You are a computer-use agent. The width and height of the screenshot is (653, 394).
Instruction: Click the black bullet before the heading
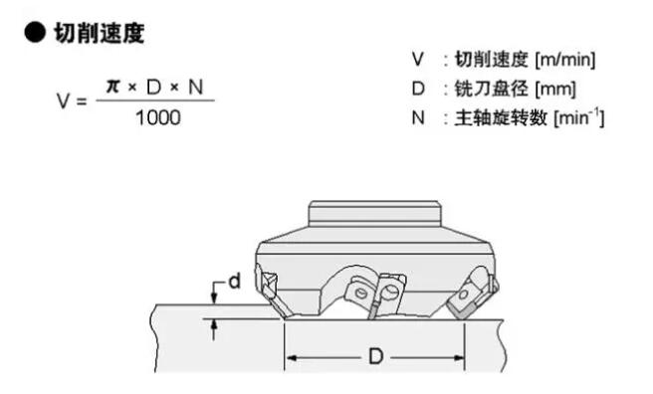tap(35, 33)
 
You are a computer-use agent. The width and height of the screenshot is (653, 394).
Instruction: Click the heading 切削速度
tap(100, 33)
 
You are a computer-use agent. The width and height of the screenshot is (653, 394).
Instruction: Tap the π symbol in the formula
tap(112, 87)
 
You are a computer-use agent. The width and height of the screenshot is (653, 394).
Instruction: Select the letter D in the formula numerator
tap(153, 87)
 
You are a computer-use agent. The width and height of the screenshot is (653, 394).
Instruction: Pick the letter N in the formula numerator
tap(196, 87)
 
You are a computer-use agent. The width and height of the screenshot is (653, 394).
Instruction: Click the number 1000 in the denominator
tap(158, 117)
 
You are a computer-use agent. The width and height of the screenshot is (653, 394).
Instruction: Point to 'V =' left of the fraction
tap(72, 100)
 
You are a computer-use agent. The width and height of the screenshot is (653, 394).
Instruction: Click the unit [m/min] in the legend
tap(565, 60)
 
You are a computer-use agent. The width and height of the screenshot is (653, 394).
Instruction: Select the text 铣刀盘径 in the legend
tap(491, 89)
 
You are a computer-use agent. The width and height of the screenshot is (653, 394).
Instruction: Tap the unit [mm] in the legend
tap(555, 89)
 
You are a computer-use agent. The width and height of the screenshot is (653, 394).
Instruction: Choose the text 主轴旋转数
tap(500, 117)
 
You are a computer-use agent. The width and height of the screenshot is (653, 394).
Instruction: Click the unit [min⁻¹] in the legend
tap(579, 117)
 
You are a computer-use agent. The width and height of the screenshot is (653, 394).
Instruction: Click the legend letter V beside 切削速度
tap(418, 59)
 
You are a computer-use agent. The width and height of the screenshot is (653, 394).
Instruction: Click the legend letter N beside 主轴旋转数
tap(418, 117)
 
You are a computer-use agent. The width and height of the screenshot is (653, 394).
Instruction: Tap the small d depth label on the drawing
tap(235, 282)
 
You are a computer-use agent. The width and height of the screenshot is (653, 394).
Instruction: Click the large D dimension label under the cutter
tap(376, 356)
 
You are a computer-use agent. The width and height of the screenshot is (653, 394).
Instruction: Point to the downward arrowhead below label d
tap(214, 297)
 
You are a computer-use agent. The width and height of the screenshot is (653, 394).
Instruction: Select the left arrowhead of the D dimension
tap(292, 358)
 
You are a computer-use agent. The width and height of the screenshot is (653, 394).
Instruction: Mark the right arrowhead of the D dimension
tap(458, 357)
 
